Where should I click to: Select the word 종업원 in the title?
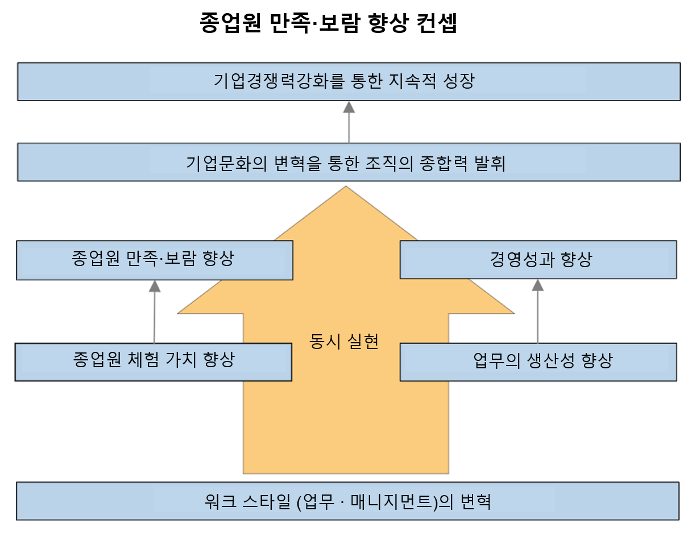point(230,23)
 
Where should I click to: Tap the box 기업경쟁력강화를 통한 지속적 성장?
point(349,82)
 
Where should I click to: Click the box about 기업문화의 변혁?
point(349,162)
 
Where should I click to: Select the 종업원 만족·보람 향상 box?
point(155,260)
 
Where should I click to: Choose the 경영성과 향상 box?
point(538,260)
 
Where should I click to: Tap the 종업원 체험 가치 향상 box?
point(153,362)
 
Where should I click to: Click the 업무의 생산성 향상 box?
point(538,362)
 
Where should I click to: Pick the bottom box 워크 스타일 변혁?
point(348,501)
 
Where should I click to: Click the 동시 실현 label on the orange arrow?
point(344,342)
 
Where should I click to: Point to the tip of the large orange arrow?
point(346,186)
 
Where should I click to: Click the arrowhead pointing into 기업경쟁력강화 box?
point(349,107)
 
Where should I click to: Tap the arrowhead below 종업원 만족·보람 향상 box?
point(155,286)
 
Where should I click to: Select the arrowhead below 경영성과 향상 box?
point(538,285)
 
